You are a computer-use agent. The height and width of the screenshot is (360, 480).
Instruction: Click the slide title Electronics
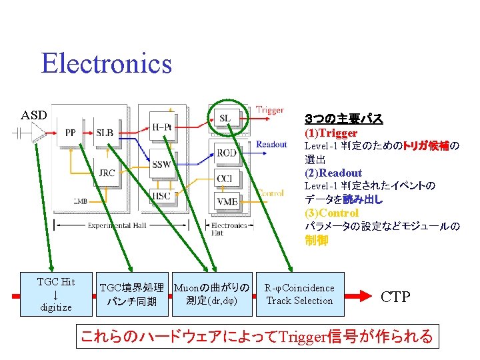pyautogui.click(x=106, y=64)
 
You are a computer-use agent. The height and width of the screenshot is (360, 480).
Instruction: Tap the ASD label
pyautogui.click(x=34, y=115)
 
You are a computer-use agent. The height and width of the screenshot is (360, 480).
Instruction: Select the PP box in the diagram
pyautogui.click(x=70, y=133)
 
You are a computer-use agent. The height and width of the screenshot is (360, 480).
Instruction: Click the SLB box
pyautogui.click(x=105, y=133)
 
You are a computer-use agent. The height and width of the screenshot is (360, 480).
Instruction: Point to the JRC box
pyautogui.click(x=107, y=173)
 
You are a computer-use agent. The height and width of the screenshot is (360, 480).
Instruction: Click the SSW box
pyautogui.click(x=161, y=165)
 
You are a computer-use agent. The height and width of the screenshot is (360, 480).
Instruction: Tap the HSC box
pyautogui.click(x=161, y=195)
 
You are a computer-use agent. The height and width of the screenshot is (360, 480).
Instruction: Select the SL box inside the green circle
pyautogui.click(x=225, y=119)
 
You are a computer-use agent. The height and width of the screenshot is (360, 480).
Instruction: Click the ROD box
pyautogui.click(x=226, y=153)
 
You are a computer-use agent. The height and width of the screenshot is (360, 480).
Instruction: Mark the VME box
pyautogui.click(x=226, y=200)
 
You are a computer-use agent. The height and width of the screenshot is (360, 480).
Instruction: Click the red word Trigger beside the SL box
pyautogui.click(x=270, y=110)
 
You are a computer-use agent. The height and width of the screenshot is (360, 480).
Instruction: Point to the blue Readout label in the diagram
pyautogui.click(x=271, y=144)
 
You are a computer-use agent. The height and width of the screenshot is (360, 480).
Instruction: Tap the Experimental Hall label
pyautogui.click(x=117, y=226)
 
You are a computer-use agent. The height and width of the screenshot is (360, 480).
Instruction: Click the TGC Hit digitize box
pyautogui.click(x=57, y=294)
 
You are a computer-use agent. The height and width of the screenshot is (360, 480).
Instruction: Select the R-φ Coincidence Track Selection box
pyautogui.click(x=299, y=294)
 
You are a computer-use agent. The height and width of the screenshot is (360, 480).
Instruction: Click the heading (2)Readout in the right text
pyautogui.click(x=333, y=173)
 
